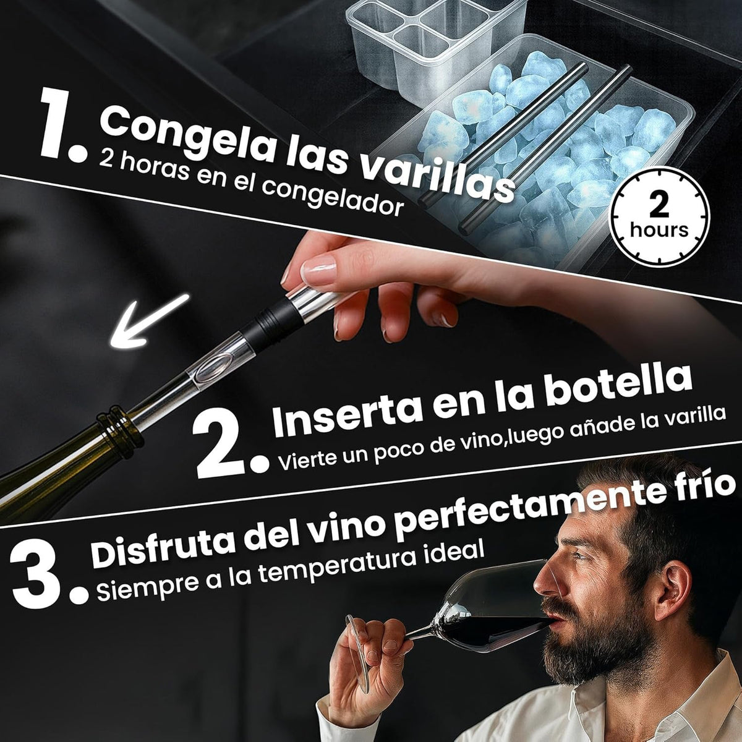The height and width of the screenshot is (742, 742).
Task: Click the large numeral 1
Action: [x=59, y=127]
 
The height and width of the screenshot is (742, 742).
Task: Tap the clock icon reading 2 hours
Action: [x=659, y=218]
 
